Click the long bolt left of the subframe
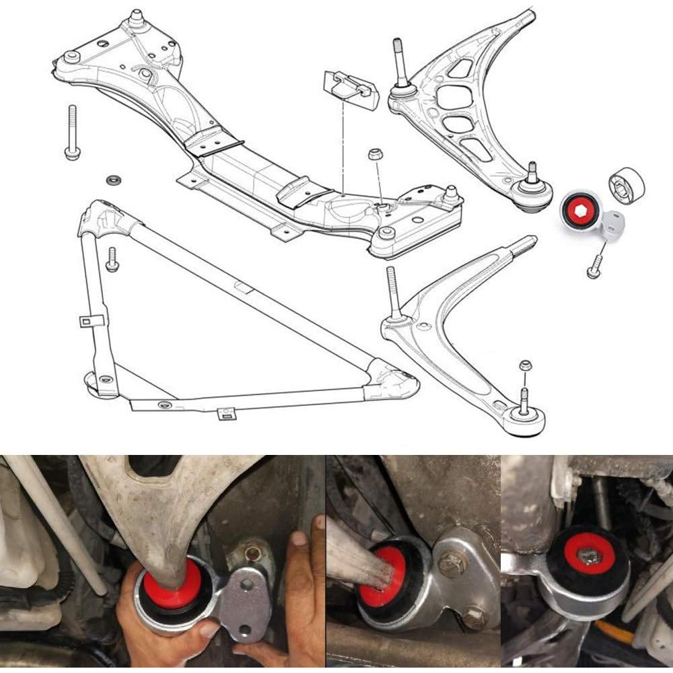pyautogui.click(x=71, y=133)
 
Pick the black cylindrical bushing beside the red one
pyautogui.click(x=627, y=182)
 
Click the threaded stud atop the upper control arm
pyautogui.click(x=398, y=65)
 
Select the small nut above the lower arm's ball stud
pyautogui.click(x=526, y=365)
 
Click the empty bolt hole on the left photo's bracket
pyautogui.click(x=247, y=584)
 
